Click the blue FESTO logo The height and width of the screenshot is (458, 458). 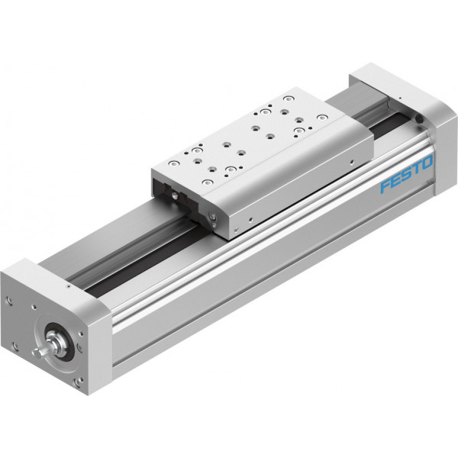(x=407, y=174)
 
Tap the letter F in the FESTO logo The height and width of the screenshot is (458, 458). (x=385, y=186)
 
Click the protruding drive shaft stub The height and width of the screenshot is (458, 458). (x=40, y=351)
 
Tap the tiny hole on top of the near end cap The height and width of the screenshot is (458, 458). (x=68, y=286)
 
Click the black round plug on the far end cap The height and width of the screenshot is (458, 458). (x=419, y=118)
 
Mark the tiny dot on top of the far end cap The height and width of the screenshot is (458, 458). (x=400, y=98)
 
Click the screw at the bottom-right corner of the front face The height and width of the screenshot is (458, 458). (x=79, y=382)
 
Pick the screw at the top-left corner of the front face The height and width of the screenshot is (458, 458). (x=10, y=300)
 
